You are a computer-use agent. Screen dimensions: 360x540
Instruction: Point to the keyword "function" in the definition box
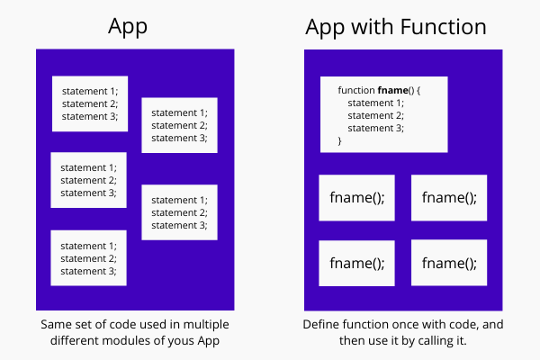pos(356,91)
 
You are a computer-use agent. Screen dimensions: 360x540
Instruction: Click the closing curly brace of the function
pos(340,141)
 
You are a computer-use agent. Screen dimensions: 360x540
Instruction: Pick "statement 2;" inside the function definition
pos(375,116)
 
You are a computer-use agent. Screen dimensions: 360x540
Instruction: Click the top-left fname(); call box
pos(357,198)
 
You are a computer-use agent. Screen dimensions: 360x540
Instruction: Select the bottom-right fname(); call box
pos(449,263)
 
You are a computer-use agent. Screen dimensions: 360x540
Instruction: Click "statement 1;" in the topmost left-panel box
pos(89,91)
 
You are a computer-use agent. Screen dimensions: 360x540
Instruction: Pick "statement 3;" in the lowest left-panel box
pos(88,271)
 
